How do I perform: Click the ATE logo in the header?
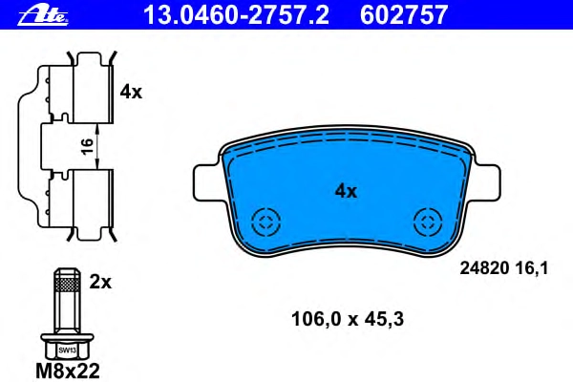[x=43, y=16]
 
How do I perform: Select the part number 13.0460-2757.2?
[x=237, y=15]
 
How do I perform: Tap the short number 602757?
[x=404, y=15]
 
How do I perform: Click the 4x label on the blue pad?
[x=346, y=191]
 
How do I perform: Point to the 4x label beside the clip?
[x=131, y=92]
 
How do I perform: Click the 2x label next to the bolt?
[x=100, y=282]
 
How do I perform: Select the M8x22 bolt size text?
[x=68, y=371]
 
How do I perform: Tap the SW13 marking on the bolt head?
[x=67, y=350]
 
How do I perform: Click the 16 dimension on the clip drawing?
[x=88, y=146]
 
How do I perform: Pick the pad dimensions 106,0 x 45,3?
[x=348, y=319]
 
